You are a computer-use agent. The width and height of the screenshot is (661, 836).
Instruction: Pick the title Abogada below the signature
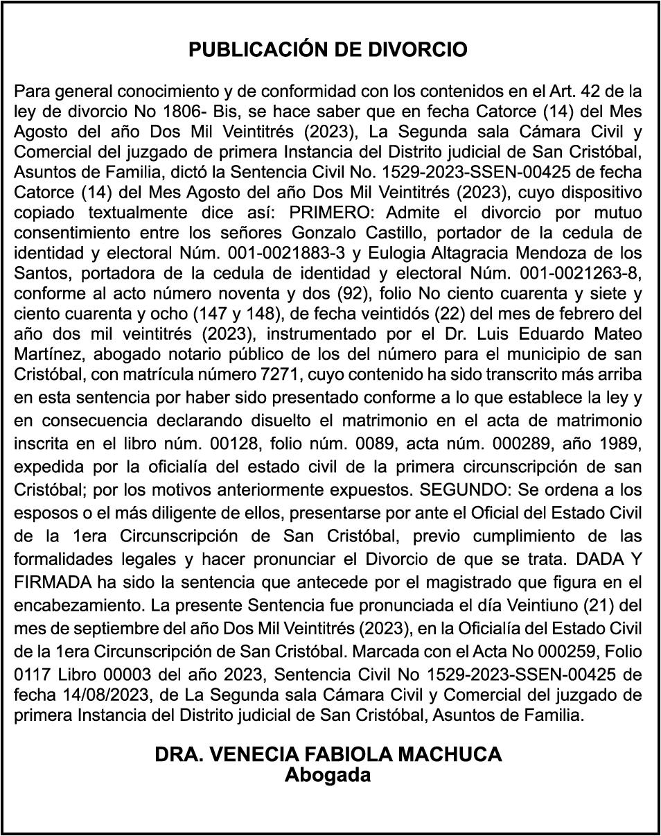pos(328,775)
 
